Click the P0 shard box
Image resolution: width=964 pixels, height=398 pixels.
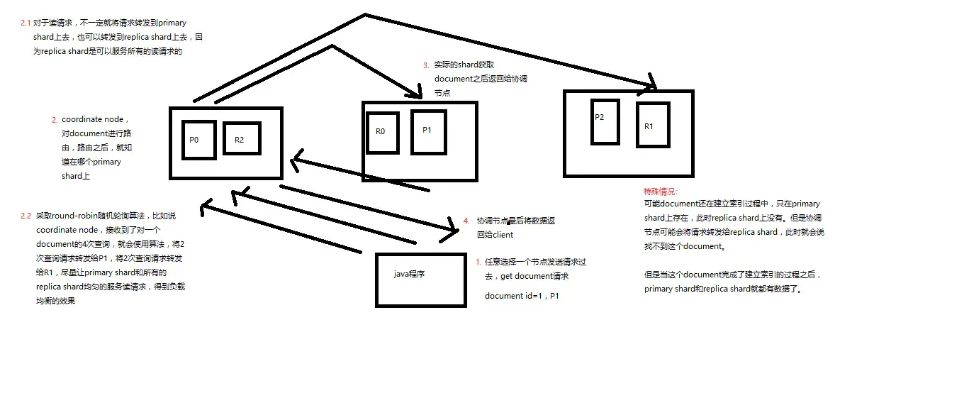coord(198,140)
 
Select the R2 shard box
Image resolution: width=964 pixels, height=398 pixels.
coord(242,139)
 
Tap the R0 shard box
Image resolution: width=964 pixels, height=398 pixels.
coord(382,132)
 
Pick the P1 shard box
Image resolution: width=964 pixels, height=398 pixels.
coord(428,132)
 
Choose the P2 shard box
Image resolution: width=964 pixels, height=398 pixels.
coord(605,121)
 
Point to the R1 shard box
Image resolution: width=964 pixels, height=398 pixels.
coord(652,126)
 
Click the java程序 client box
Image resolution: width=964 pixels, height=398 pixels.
coord(420,280)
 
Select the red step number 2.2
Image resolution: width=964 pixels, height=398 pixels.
coord(26,216)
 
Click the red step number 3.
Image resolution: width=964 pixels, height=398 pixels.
coord(425,65)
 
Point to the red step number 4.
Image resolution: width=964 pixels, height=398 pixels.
coord(466,221)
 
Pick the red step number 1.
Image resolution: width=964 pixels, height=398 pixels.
coord(478,262)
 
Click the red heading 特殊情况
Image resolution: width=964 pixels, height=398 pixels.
coord(661,192)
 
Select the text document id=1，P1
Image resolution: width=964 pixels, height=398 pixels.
coord(522,296)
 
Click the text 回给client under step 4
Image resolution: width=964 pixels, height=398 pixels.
coord(495,235)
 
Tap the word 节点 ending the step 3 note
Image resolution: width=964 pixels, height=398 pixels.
coord(442,93)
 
